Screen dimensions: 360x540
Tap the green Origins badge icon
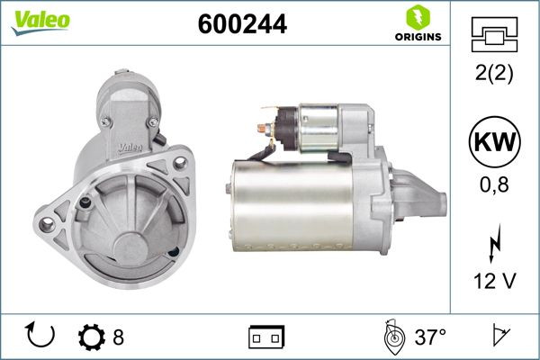tap(416, 17)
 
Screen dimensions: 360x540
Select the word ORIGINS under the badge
tap(417, 38)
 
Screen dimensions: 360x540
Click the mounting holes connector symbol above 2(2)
tap(494, 35)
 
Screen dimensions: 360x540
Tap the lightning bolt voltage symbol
tap(494, 244)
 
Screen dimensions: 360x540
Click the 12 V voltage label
tap(494, 282)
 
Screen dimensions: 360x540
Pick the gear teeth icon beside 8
tap(91, 337)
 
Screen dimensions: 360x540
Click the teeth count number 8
tap(119, 337)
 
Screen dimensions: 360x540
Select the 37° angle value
tap(429, 337)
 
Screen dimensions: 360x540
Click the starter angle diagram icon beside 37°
tap(391, 337)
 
